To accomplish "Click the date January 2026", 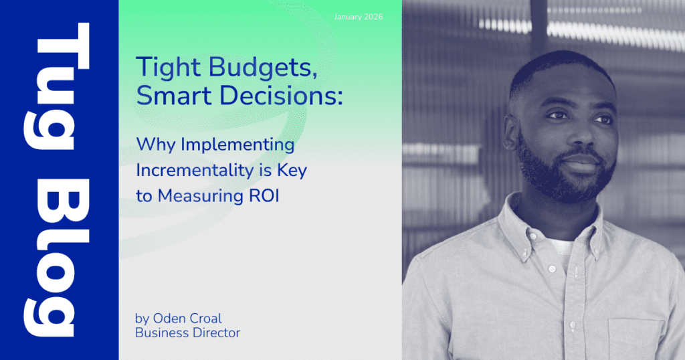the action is click(x=359, y=17).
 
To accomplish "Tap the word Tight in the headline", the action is click(x=168, y=68).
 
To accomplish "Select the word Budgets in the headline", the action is click(x=263, y=68).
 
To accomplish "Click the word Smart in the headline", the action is click(x=174, y=96).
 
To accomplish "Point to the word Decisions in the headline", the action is click(x=281, y=96).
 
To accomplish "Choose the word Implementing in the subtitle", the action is click(x=237, y=145).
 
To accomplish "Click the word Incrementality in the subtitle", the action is click(x=195, y=171).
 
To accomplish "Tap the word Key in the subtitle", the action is click(x=292, y=171).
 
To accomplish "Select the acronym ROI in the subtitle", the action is click(x=264, y=196).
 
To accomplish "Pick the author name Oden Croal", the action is click(x=187, y=319).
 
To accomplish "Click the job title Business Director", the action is click(x=187, y=333).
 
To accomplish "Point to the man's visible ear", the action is click(x=512, y=133).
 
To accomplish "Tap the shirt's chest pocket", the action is click(x=635, y=339).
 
